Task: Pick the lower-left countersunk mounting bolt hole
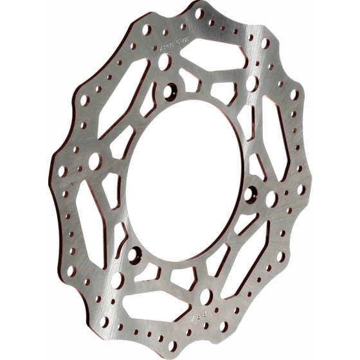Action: (134, 253)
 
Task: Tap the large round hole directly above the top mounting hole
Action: (165, 62)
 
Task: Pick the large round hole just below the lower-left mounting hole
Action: (118, 280)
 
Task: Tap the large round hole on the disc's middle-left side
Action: (94, 161)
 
